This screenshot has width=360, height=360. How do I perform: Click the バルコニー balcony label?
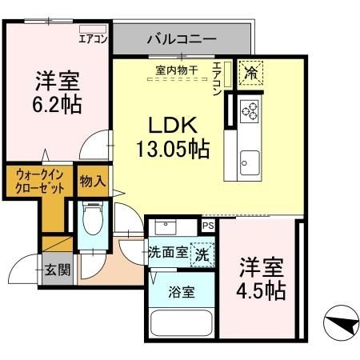pos(181,38)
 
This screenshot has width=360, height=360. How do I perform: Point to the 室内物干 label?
pos(177,69)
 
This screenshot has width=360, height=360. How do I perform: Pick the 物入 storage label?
pos(92,182)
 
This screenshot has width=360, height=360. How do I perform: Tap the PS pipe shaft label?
pos(208,226)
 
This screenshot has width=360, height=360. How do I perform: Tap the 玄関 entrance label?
pos(57,269)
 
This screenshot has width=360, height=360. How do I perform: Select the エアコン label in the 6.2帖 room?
pos(93,38)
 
